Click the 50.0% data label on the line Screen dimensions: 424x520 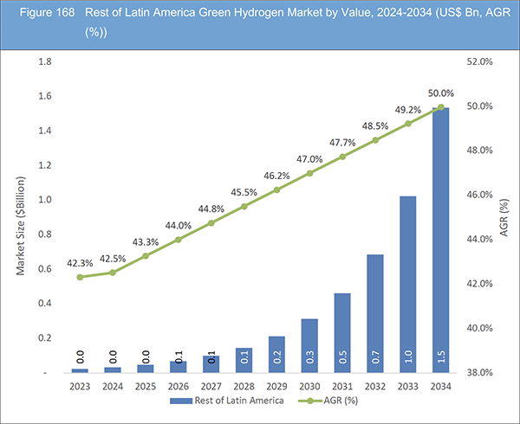(x=440, y=93)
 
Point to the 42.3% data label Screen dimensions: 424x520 (x=80, y=262)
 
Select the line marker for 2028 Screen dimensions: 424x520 (x=244, y=206)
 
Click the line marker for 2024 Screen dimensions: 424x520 (x=113, y=273)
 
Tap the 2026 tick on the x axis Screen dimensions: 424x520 (x=179, y=386)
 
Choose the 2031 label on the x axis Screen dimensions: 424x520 (x=342, y=386)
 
